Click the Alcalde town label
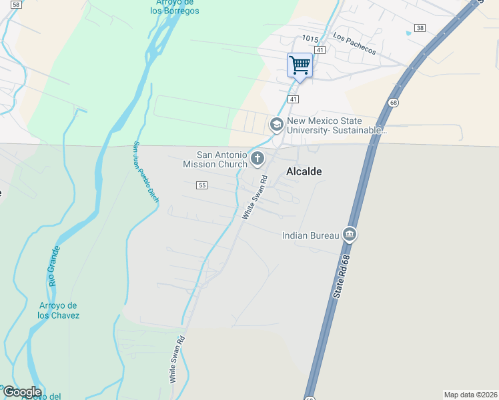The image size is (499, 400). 304,171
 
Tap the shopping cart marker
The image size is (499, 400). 300,65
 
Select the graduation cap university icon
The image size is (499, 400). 276,125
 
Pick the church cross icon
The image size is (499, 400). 258,159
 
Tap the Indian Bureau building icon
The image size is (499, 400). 349,234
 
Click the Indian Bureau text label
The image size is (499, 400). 310,235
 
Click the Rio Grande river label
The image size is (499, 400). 53,266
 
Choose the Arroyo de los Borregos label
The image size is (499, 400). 174,7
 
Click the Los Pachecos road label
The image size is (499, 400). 354,45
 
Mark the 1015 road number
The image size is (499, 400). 310,39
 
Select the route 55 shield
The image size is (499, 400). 202,184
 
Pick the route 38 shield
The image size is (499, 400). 419,28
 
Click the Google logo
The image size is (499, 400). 21,392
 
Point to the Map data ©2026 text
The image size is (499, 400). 471,394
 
